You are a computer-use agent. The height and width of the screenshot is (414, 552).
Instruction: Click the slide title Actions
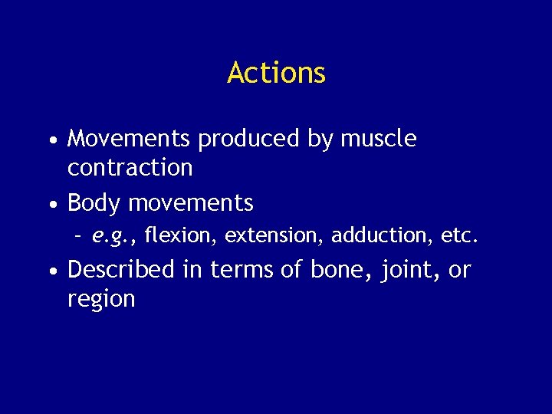pyautogui.click(x=276, y=73)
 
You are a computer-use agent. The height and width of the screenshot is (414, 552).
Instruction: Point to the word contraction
pyautogui.click(x=130, y=167)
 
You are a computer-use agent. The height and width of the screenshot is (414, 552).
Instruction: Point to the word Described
pyautogui.click(x=121, y=270)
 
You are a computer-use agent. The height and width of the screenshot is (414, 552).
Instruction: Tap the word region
pyautogui.click(x=101, y=299)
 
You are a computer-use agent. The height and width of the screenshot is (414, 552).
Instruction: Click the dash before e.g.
pyautogui.click(x=78, y=236)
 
